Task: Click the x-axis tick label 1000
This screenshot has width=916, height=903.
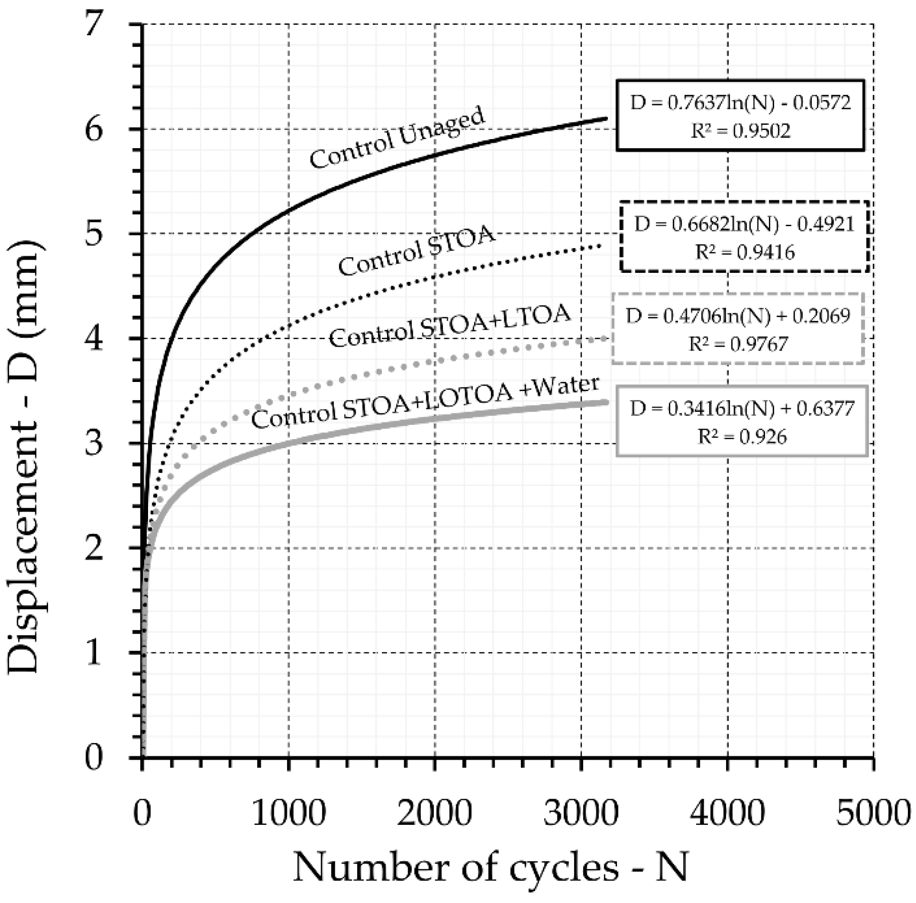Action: tap(289, 813)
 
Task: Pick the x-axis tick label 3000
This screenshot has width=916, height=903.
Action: tap(581, 813)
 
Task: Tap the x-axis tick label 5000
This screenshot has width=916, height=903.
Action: tap(873, 813)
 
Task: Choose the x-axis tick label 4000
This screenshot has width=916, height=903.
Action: tap(727, 813)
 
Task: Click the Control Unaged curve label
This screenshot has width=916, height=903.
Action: tap(398, 138)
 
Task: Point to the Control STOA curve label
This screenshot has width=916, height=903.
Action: tap(417, 251)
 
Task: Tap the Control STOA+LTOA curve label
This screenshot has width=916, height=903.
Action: tap(450, 327)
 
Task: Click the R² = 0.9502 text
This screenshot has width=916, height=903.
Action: tap(741, 130)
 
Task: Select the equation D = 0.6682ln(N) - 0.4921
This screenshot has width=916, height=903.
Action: tap(745, 224)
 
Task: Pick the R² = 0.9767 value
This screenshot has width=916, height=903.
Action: tap(738, 343)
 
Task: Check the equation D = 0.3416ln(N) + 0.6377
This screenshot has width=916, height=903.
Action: tap(742, 409)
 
